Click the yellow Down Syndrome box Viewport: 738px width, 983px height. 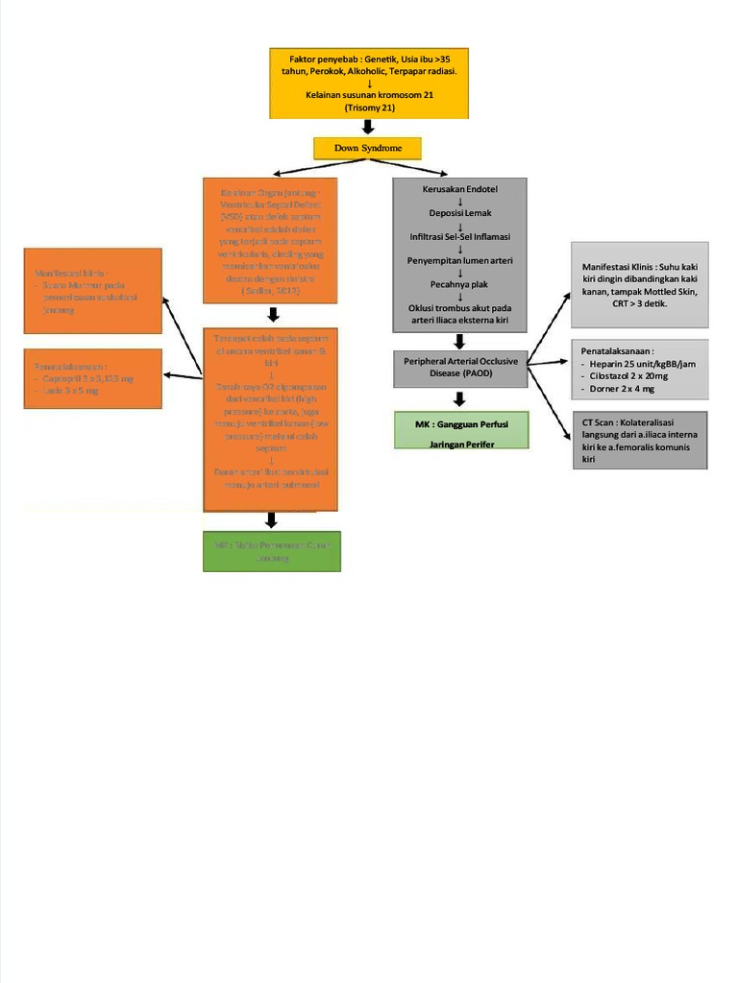(367, 148)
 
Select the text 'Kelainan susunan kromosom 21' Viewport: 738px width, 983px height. (369, 95)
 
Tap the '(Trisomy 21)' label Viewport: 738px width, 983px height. (369, 108)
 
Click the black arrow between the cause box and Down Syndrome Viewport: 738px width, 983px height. (368, 128)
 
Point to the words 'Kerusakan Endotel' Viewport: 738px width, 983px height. (459, 189)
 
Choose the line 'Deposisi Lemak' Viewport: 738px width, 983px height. (459, 213)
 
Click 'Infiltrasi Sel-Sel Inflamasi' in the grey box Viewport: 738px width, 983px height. (459, 236)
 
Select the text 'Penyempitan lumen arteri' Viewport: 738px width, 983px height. (459, 260)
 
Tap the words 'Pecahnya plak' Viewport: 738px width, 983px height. (459, 284)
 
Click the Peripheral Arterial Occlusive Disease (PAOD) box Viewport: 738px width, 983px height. (460, 367)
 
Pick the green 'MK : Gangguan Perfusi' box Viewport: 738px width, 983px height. (461, 429)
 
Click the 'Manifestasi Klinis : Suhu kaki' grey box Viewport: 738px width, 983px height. (639, 285)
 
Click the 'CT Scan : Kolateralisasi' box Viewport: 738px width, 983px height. (639, 440)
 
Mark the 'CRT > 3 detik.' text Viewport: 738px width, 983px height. (639, 303)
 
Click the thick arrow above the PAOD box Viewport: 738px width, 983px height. (460, 341)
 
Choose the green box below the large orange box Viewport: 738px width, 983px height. (271, 550)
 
